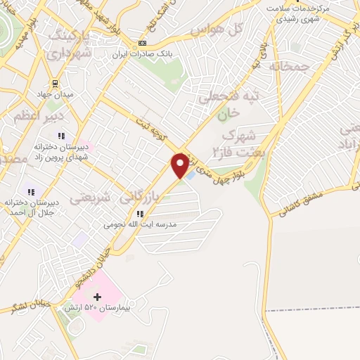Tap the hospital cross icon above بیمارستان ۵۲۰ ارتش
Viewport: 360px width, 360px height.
[x=97, y=298]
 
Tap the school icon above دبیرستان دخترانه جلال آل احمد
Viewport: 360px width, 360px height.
[x=30, y=191]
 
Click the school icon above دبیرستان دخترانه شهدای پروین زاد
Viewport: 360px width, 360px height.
[x=61, y=136]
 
